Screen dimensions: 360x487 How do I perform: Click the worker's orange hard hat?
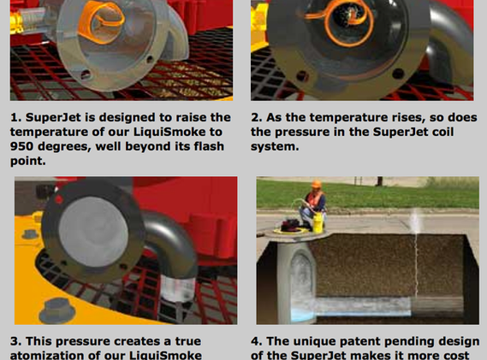coord(316,185)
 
